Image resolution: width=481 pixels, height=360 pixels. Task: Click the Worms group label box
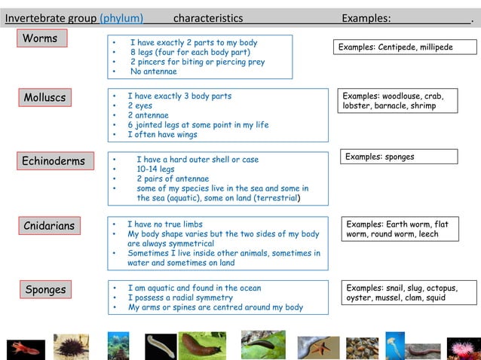point(41,38)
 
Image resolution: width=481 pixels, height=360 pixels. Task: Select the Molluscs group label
point(45,97)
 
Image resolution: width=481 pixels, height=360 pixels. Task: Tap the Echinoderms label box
point(53,161)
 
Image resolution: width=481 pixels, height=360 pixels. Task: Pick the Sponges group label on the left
point(46,289)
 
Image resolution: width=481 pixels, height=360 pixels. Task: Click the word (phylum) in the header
point(121,17)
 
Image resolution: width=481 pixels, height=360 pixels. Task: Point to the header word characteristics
point(208,17)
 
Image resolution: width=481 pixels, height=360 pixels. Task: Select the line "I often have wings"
point(162,135)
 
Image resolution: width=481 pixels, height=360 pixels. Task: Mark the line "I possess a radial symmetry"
point(180,297)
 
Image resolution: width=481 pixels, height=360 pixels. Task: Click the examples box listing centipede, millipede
point(405,47)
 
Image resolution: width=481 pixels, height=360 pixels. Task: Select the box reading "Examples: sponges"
point(399,157)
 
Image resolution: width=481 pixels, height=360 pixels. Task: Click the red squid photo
point(26,348)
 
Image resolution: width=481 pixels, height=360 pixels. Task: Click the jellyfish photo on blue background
point(395,345)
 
